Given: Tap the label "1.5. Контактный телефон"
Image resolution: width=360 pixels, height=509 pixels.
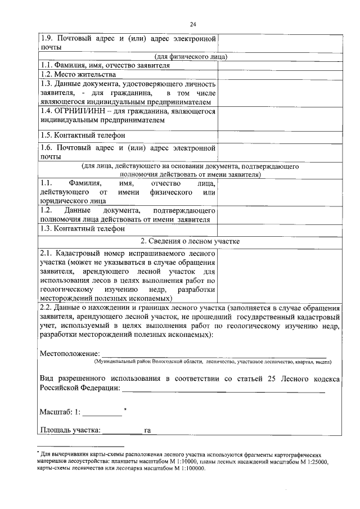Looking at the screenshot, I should [x=82, y=136].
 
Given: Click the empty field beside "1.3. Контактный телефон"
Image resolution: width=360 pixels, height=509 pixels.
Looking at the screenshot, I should [x=279, y=229].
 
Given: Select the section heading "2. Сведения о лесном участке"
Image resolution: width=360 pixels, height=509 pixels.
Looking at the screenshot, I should [x=190, y=241].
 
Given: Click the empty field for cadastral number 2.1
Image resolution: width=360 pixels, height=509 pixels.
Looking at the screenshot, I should [x=279, y=276].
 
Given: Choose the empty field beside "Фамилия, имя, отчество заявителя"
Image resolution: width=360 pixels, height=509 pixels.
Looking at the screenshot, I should [x=279, y=65].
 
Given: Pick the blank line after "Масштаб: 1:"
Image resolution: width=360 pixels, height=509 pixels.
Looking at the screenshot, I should [x=102, y=415].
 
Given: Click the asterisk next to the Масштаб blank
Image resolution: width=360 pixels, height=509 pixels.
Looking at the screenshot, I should [x=125, y=409].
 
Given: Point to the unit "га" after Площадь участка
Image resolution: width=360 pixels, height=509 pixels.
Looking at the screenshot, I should [x=147, y=431].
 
